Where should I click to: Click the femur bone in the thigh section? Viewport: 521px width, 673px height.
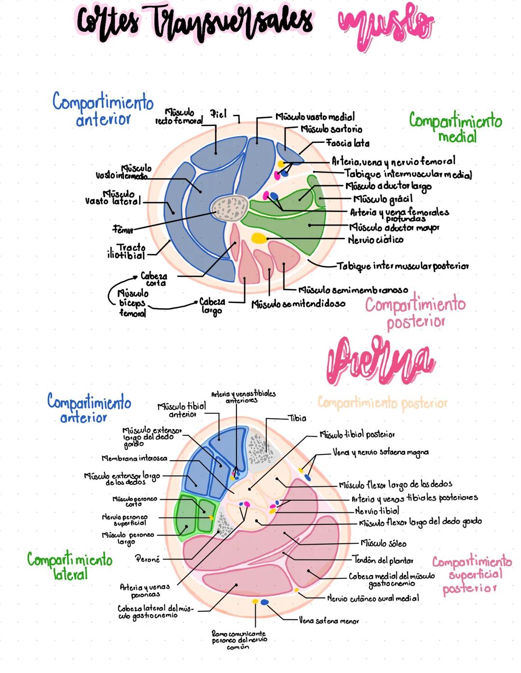231,208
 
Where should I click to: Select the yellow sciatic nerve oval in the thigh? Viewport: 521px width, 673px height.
259,238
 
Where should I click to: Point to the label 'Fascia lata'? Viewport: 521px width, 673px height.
348,143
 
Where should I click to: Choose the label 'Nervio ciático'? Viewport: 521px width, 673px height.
375,240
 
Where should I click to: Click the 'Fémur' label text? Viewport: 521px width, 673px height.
123,228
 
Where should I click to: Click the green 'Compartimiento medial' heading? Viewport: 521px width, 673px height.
455,127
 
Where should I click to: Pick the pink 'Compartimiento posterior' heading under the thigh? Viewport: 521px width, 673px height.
415,313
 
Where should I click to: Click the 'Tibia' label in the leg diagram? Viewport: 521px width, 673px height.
297,418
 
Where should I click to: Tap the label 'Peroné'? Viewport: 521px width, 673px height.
147,559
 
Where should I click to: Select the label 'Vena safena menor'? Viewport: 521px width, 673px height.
329,621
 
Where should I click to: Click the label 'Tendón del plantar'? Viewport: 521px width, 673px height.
383,560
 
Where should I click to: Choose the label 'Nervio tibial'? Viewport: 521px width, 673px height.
377,511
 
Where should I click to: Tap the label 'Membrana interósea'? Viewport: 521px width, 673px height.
134,458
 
